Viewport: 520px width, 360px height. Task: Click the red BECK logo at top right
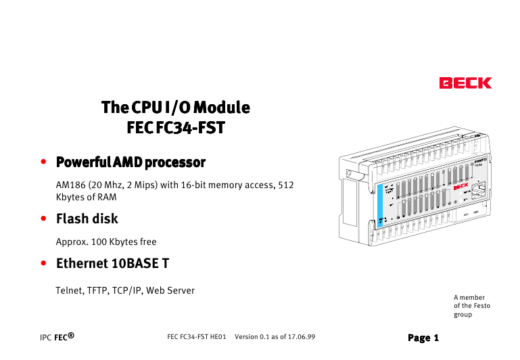tap(465, 83)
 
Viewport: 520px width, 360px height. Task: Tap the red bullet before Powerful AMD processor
tap(43, 162)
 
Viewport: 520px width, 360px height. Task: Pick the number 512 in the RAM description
tap(286, 185)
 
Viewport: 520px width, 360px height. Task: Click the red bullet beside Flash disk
tap(43, 219)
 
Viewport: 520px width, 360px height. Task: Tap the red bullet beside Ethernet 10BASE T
tap(43, 263)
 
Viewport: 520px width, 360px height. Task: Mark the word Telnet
tap(68, 290)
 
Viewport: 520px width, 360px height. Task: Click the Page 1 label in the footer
tap(423, 337)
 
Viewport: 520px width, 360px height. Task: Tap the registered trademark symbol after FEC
tap(70, 334)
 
